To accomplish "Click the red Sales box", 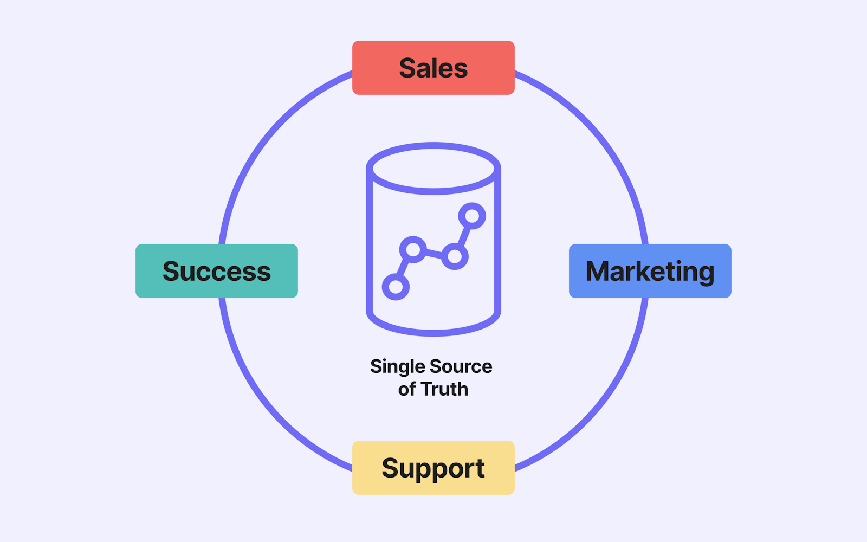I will coord(433,68).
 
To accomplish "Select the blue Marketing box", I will coord(650,271).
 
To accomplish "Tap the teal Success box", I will coord(217,271).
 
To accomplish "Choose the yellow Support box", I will coord(433,468).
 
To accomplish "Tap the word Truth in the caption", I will coord(444,389).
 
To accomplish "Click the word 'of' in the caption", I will coord(407,389).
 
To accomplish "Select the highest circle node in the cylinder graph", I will coord(472,216).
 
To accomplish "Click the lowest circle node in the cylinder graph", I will coord(396,287).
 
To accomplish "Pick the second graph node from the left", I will coord(413,250).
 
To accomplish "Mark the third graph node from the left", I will coord(455,256).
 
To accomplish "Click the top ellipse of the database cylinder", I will coord(433,145).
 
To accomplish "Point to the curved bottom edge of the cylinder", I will coord(433,333).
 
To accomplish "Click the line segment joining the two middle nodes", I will coord(433,253).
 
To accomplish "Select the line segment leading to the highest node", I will coord(464,236).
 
